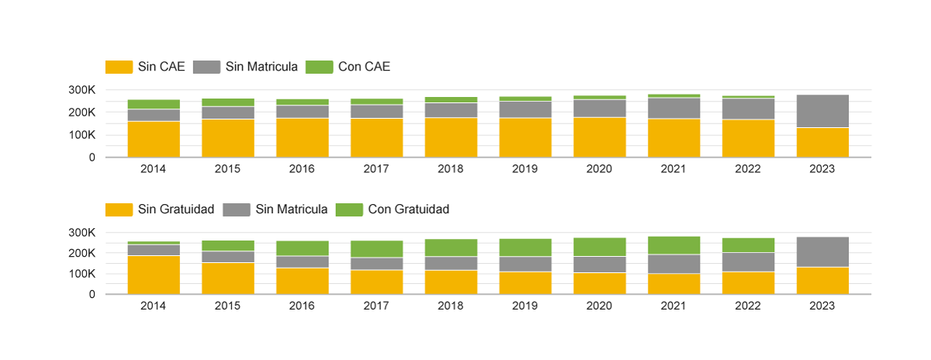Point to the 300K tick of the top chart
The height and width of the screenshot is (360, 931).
[81, 90]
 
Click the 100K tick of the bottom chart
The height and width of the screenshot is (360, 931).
[81, 274]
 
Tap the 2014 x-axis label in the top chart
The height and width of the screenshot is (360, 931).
[154, 168]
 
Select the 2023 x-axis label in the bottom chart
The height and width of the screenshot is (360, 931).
[822, 306]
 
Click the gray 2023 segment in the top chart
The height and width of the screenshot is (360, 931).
[822, 111]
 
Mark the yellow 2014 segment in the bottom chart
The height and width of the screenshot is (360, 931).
[154, 275]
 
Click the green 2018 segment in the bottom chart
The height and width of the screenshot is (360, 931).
[451, 247]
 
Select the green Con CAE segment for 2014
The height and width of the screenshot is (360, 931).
[154, 104]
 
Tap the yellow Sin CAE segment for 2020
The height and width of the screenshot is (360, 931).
[600, 137]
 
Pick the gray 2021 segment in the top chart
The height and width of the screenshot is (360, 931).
[673, 108]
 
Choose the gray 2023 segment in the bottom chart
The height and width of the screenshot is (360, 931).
[822, 252]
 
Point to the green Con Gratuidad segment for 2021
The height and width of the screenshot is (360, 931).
[673, 245]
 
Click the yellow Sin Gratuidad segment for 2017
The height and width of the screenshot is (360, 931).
[376, 282]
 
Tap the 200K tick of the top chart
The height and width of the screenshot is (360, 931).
[81, 112]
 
